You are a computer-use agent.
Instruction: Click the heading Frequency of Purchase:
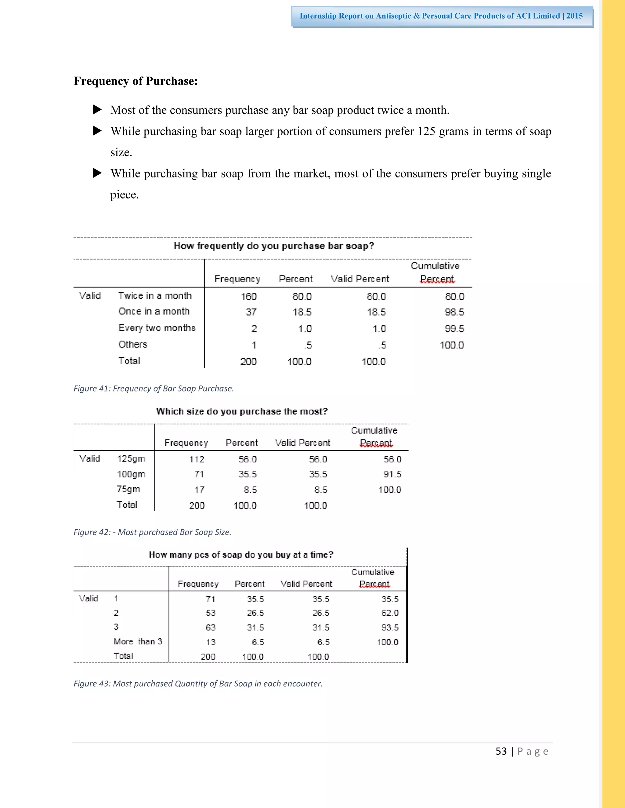(135, 81)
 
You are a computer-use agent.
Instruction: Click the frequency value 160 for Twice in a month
(248, 296)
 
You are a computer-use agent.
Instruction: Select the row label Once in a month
(154, 312)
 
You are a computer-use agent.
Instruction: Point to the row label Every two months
(157, 328)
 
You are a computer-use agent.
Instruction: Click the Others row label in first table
(132, 345)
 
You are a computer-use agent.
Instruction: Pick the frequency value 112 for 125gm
(197, 459)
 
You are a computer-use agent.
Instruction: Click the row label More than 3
(138, 642)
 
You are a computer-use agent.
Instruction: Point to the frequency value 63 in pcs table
(210, 627)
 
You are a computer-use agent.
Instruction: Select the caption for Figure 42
(152, 532)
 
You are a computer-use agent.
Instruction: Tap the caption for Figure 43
(198, 684)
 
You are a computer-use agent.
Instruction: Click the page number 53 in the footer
(501, 751)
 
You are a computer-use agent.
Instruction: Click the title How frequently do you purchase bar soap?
(274, 246)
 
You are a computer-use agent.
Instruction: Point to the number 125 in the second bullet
(426, 131)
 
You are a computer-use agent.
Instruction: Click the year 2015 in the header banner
(574, 16)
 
